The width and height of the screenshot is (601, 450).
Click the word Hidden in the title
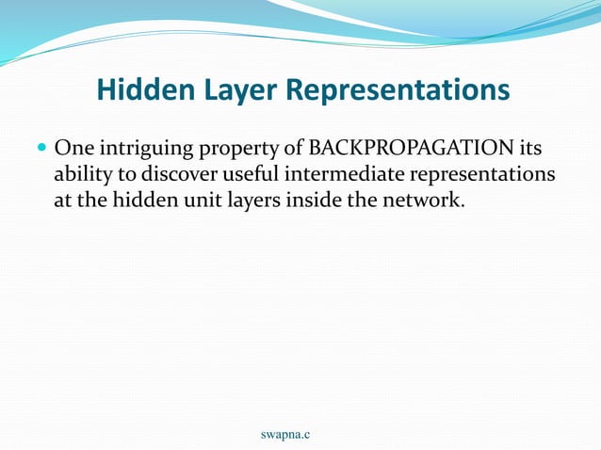pyautogui.click(x=140, y=90)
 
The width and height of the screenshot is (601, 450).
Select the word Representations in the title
pyautogui.click(x=397, y=90)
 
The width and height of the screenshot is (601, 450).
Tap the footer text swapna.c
pyautogui.click(x=285, y=434)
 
